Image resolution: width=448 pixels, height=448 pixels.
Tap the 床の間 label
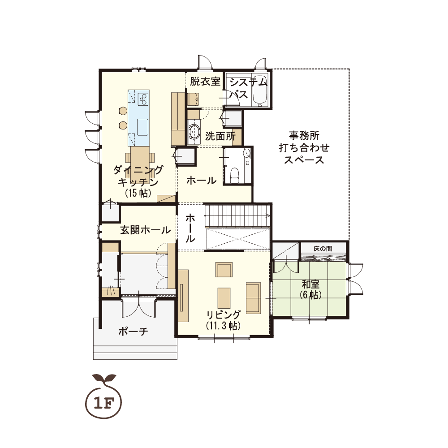(x=323, y=249)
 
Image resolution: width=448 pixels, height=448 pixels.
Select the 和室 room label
(x=310, y=284)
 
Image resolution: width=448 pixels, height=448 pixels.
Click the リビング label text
(x=224, y=314)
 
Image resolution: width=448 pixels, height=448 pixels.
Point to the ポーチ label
(x=133, y=332)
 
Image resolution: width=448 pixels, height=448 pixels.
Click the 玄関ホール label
(x=145, y=230)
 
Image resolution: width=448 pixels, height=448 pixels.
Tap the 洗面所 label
(x=220, y=136)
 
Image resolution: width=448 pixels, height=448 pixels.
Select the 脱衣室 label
(x=205, y=82)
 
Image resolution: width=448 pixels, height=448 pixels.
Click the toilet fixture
(x=235, y=174)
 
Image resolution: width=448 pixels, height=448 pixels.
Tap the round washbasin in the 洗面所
(x=194, y=132)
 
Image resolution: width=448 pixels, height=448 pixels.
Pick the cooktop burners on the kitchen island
(x=143, y=99)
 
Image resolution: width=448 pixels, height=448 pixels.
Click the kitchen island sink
(x=142, y=127)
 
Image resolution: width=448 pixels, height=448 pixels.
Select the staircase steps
(x=237, y=215)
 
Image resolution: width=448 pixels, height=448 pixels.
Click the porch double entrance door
(x=138, y=308)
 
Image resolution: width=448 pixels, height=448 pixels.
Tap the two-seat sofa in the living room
(x=254, y=298)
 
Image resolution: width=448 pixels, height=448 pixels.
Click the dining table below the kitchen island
(x=140, y=163)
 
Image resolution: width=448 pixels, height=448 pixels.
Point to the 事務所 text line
(x=304, y=135)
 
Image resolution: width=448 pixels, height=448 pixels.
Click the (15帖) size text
(x=138, y=193)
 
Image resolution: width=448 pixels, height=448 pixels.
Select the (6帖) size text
(x=310, y=295)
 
